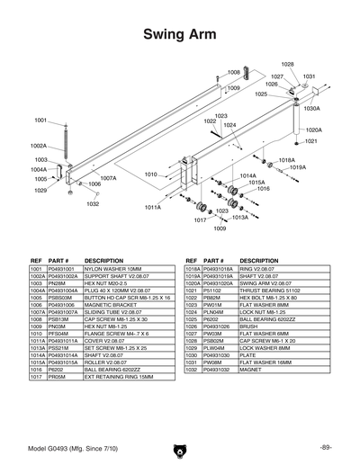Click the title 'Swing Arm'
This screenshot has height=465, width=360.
pos(179,33)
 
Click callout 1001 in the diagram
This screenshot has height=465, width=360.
pos(41,120)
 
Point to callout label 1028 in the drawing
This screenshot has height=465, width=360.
pos(287,64)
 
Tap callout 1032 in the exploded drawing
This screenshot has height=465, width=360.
pos(93,204)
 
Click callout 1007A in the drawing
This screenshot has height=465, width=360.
pos(108,178)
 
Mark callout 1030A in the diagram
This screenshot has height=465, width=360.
pos(311,108)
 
